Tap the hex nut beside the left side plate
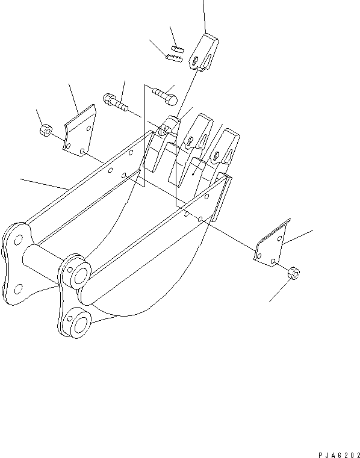pyautogui.click(x=44, y=130)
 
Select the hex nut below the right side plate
pyautogui.click(x=294, y=273)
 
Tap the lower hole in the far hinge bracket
pyautogui.click(x=17, y=286)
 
